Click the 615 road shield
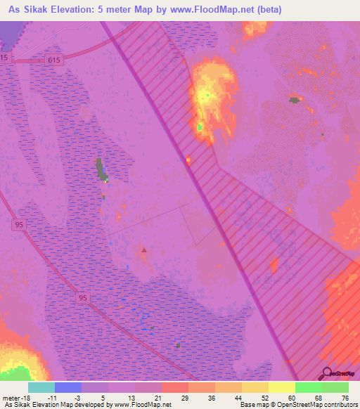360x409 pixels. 56,60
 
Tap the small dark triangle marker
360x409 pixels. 144,249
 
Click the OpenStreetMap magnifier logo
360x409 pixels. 327,373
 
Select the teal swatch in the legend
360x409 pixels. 41,387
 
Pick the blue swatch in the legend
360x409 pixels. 68,387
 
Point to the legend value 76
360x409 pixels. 345,397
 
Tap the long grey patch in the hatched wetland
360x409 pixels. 100,169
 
